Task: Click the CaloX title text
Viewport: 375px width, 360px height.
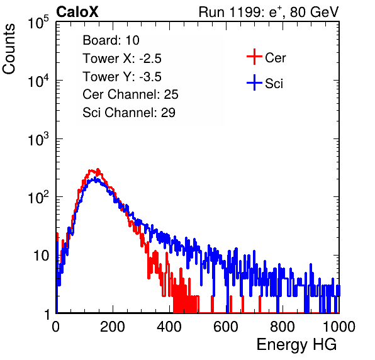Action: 77,12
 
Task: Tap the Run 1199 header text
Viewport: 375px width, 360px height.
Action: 269,12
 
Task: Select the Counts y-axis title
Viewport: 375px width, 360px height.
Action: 9,48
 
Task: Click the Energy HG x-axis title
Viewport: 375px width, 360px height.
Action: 296,345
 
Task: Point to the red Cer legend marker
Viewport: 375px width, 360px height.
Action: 254,57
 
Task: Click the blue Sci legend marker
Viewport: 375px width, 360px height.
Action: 254,82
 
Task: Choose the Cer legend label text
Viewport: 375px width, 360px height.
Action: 275,58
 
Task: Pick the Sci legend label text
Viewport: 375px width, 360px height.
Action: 274,84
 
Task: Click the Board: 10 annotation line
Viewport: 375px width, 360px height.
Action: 111,40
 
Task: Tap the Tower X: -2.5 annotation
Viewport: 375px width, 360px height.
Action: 122,59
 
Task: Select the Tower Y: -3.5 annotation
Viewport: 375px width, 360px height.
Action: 122,77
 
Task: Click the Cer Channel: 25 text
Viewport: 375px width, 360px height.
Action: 130,94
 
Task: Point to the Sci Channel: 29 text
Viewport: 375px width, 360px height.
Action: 129,113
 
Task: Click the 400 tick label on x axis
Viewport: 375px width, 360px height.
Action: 169,326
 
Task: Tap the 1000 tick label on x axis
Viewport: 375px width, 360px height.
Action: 339,326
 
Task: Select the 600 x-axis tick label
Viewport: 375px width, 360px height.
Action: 226,326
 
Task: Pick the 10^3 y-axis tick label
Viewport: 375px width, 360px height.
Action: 38,138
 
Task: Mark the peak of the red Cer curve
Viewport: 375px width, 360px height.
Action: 98,169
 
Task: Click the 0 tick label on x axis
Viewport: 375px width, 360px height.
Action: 56,326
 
